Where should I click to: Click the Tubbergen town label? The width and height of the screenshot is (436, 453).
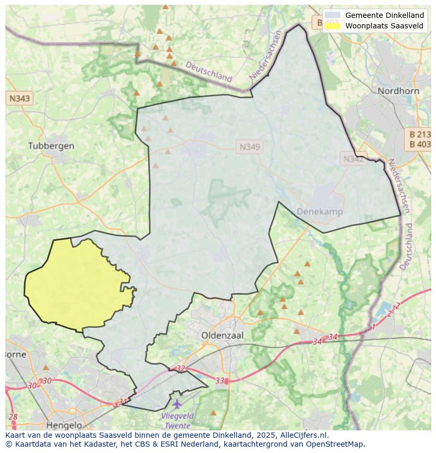pos(51,146)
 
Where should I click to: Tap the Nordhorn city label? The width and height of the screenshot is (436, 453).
pos(398,91)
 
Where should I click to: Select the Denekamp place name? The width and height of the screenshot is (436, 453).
pos(320,212)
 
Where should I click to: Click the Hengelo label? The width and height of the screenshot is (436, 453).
pos(64,425)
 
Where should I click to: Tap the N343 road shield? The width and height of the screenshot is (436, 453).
pos(19,98)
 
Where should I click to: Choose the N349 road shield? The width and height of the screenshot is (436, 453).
pos(250,147)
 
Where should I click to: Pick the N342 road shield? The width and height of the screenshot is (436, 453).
pos(353,158)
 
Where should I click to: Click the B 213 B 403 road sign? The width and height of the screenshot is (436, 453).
pos(419,139)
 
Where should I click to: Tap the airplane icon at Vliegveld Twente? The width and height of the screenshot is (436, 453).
pos(177,404)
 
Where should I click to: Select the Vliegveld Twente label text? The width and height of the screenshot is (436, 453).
pos(177,420)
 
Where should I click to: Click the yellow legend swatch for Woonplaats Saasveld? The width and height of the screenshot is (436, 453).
pos(332,26)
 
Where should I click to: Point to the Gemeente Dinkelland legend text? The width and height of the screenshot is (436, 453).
pos(384,15)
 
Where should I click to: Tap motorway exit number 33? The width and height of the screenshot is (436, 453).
pos(220,380)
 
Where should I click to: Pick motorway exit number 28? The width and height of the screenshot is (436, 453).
pos(13,417)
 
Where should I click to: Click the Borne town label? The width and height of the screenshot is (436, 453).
pos(15,354)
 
